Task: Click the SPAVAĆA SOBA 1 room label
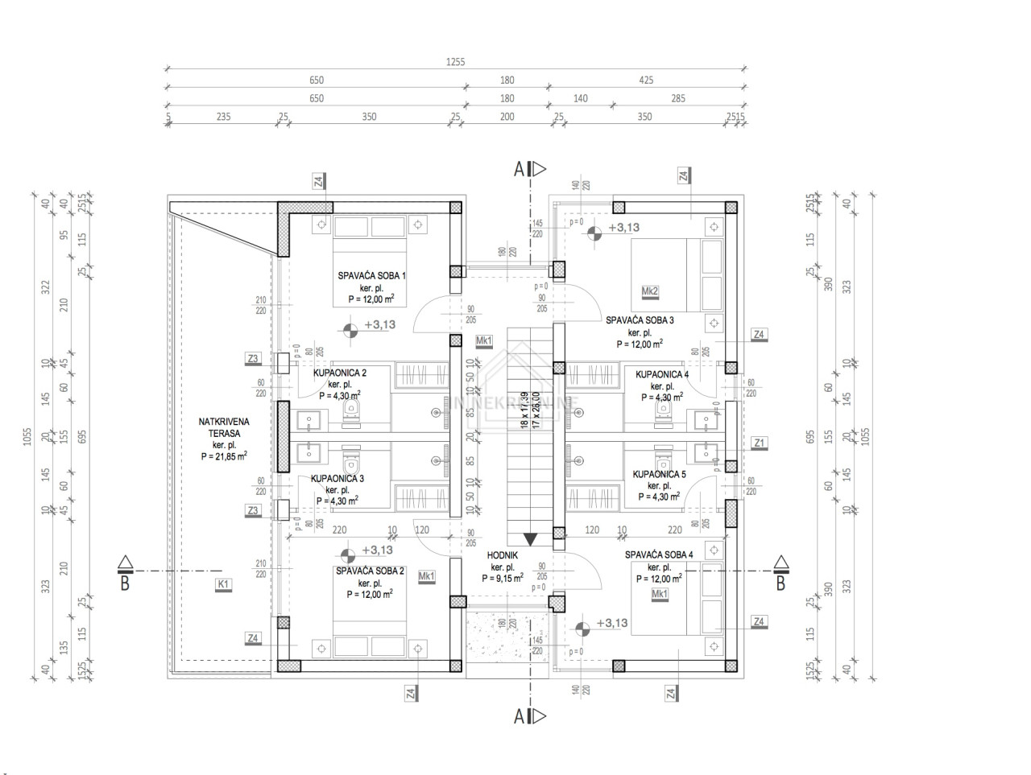(x=371, y=276)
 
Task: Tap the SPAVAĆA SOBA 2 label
(x=370, y=571)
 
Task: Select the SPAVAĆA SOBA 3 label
(x=640, y=320)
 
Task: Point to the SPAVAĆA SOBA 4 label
(x=659, y=554)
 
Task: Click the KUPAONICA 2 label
(x=339, y=373)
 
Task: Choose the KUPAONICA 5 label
(x=659, y=475)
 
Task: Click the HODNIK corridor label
(x=502, y=555)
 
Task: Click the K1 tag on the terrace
(x=222, y=584)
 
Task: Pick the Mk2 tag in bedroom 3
(x=651, y=291)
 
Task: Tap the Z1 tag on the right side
(x=759, y=443)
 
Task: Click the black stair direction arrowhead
(x=530, y=539)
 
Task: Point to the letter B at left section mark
(x=125, y=583)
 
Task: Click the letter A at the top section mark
(x=520, y=168)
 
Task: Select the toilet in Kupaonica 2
(x=350, y=411)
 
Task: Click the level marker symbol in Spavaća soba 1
(x=350, y=328)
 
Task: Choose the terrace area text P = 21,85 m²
(x=224, y=456)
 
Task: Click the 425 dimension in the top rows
(x=646, y=80)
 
